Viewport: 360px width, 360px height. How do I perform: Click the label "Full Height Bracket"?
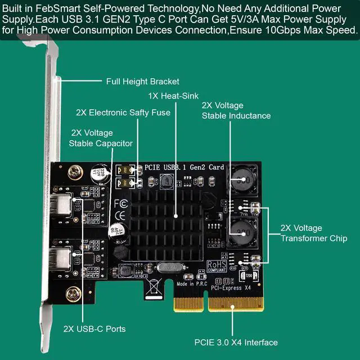[x=143, y=82]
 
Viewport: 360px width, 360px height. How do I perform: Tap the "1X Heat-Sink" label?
[x=173, y=96]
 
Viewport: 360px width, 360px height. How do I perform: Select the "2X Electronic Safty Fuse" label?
[x=123, y=112]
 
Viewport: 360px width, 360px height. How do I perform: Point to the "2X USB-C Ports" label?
[x=94, y=328]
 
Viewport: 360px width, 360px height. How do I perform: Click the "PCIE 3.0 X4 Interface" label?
[x=236, y=342]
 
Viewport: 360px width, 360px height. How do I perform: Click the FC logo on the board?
[x=120, y=203]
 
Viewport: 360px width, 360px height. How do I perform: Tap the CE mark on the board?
[x=120, y=215]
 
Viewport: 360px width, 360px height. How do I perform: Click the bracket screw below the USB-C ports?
[x=72, y=292]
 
